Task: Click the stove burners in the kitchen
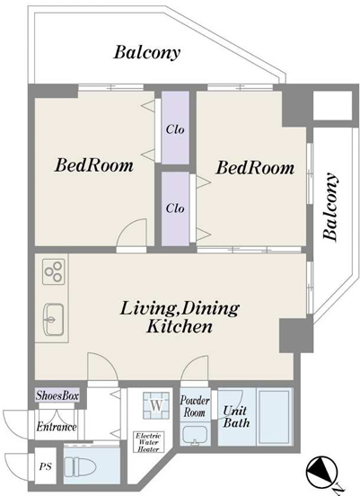point(54,271)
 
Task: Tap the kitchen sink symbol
point(53,320)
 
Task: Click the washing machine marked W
point(156,405)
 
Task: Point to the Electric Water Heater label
point(148,442)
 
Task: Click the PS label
point(45,466)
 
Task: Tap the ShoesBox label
point(57,395)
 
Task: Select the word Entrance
point(57,427)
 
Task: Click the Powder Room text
point(195,406)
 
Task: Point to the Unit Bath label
point(236,417)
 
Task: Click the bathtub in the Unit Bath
point(275,417)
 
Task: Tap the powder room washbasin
point(195,436)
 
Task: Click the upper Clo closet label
point(175,129)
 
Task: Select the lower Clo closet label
point(175,208)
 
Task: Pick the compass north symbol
point(320,470)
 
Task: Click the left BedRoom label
point(94,165)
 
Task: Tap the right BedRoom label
point(255,168)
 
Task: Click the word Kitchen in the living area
point(180,326)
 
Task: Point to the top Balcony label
point(147,52)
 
